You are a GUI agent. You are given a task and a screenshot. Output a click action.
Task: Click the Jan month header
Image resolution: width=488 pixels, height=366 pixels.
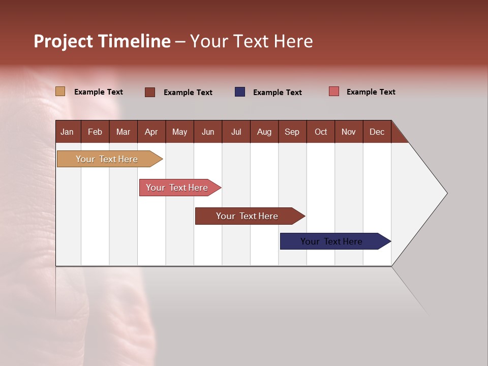point(67,132)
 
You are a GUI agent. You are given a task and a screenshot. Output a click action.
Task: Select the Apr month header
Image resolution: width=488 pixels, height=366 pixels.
point(151,132)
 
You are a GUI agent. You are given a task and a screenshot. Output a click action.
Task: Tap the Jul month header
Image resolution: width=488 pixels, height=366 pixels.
point(236,132)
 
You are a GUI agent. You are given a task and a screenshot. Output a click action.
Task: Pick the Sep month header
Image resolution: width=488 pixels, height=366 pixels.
point(292,132)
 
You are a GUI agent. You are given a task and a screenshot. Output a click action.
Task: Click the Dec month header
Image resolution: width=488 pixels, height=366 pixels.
point(377,132)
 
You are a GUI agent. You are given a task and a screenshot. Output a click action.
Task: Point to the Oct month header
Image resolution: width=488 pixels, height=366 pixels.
point(320,132)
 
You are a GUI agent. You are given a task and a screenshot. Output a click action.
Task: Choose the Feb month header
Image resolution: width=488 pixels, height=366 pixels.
point(95,132)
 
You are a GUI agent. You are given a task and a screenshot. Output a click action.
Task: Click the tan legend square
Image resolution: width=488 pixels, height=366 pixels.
point(60,91)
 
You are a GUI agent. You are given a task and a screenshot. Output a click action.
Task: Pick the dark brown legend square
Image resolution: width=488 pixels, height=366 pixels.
point(150,92)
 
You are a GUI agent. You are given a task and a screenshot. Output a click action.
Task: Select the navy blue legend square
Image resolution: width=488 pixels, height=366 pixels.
point(240,92)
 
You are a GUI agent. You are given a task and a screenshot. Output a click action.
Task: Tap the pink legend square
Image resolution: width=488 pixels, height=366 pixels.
point(334,91)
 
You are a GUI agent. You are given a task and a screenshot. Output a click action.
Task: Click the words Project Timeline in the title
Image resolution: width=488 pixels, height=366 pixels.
point(102,41)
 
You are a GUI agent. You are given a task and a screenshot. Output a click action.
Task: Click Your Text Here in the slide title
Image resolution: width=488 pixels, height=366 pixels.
point(252,41)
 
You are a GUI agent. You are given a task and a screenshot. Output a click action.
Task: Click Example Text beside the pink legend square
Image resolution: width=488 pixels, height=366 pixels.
point(371,92)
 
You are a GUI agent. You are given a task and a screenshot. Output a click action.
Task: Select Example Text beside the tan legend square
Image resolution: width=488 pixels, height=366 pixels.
point(98,92)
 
